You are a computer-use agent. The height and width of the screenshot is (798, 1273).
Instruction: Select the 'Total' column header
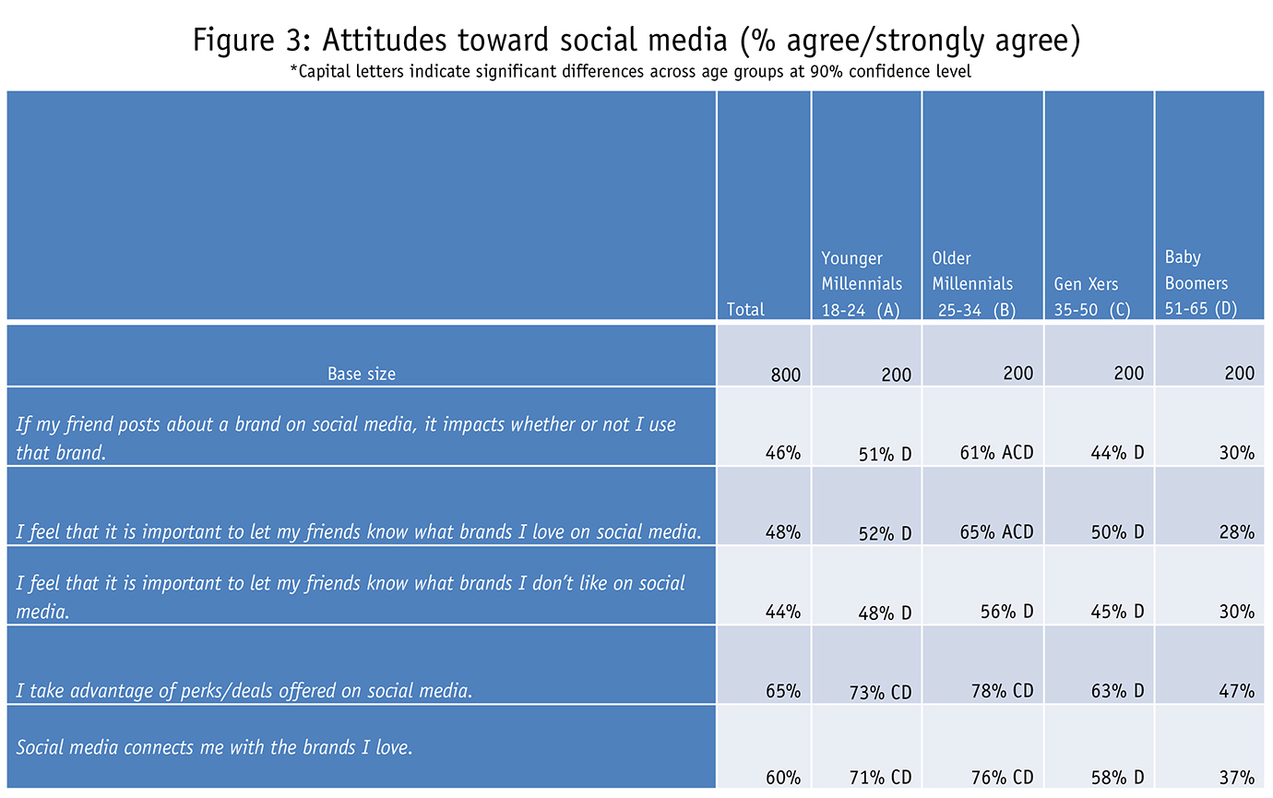point(745,310)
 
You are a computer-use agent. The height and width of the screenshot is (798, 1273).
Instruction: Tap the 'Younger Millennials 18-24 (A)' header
point(862,284)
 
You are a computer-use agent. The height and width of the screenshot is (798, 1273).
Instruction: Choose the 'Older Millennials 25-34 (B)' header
point(972,284)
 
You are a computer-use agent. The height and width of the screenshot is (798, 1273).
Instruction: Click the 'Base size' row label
point(361,374)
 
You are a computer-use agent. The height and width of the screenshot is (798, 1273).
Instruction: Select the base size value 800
point(786,375)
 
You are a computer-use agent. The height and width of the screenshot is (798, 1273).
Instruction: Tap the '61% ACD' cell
point(995,453)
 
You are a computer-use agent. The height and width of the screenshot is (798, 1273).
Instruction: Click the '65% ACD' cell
point(995,532)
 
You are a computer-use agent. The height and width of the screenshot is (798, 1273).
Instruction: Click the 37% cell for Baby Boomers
point(1235,777)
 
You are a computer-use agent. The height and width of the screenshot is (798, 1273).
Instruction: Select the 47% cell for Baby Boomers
point(1235,691)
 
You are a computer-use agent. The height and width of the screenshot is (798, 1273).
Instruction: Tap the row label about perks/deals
point(244,690)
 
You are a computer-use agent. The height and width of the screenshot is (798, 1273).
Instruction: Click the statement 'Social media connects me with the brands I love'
point(213,746)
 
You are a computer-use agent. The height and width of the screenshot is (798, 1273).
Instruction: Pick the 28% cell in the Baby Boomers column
point(1235,532)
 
